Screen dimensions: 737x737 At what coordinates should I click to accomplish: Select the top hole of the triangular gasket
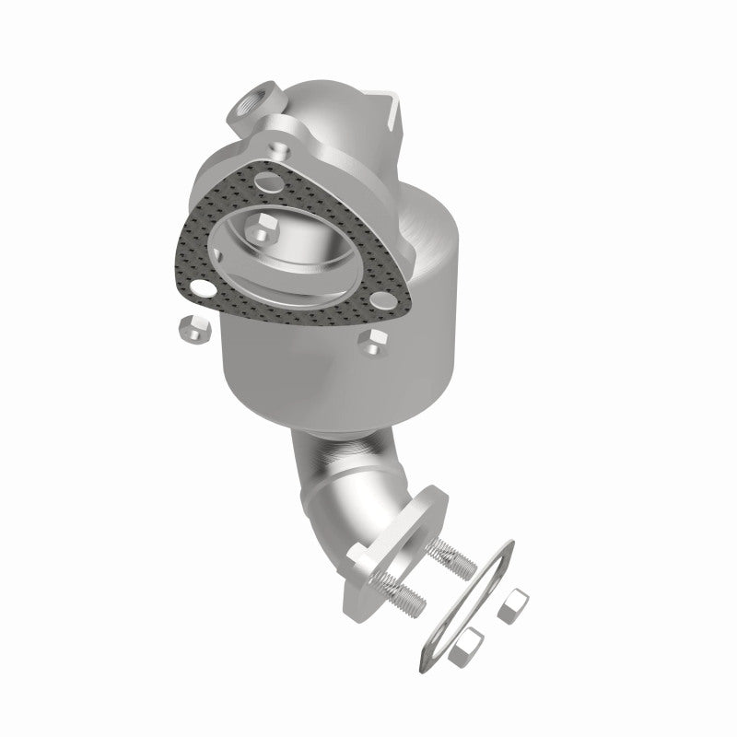pos(291,178)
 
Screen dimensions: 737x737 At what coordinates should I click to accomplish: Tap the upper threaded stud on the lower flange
pos(455,552)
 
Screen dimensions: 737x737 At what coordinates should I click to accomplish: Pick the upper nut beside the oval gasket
pos(513,605)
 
